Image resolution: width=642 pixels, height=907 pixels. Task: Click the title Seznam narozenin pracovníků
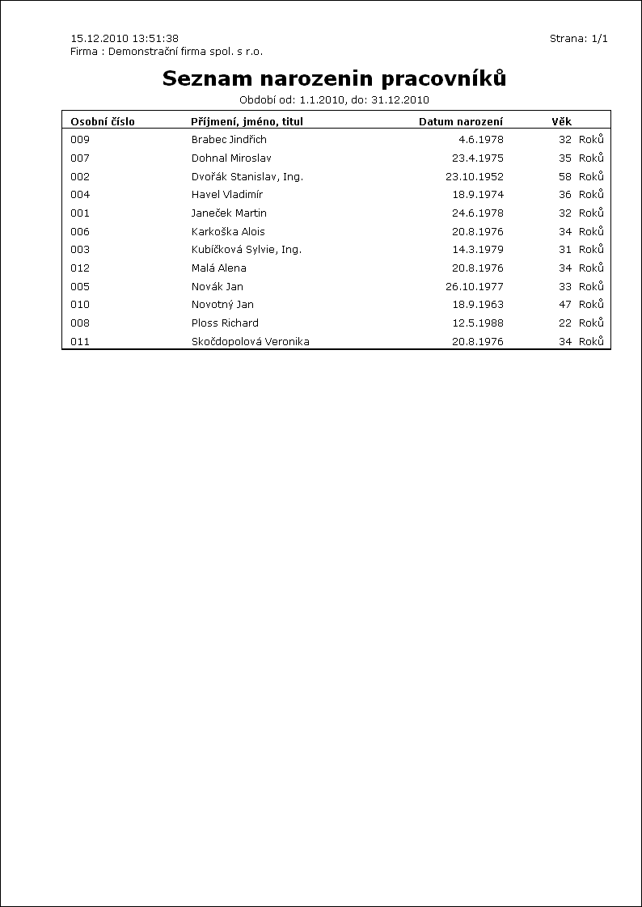click(x=334, y=78)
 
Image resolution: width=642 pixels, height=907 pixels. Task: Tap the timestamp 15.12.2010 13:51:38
click(x=125, y=38)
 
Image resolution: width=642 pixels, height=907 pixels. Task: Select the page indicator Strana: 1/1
click(x=578, y=38)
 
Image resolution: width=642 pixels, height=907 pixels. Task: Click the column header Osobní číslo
click(x=103, y=122)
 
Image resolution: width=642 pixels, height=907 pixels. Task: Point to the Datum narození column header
click(x=460, y=122)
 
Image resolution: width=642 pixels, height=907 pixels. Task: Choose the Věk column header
click(x=561, y=122)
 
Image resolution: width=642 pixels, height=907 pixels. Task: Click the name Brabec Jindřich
click(x=229, y=140)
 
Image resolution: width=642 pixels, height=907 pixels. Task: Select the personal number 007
click(x=80, y=158)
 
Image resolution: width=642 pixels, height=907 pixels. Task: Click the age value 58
click(x=565, y=176)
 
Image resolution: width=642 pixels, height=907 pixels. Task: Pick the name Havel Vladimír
click(x=226, y=195)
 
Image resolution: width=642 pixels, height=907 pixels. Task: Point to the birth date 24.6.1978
click(x=477, y=213)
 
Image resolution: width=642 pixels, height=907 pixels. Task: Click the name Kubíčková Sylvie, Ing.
click(x=246, y=250)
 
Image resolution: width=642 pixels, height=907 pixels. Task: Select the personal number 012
click(x=80, y=268)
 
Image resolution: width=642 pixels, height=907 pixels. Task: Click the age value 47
click(x=565, y=305)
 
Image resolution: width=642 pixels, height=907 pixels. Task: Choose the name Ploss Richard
click(x=225, y=323)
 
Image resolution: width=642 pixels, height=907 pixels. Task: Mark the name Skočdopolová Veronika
click(x=250, y=342)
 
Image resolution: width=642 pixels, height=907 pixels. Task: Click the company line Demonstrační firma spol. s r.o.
click(x=167, y=51)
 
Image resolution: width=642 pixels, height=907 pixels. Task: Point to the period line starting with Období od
click(x=334, y=100)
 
